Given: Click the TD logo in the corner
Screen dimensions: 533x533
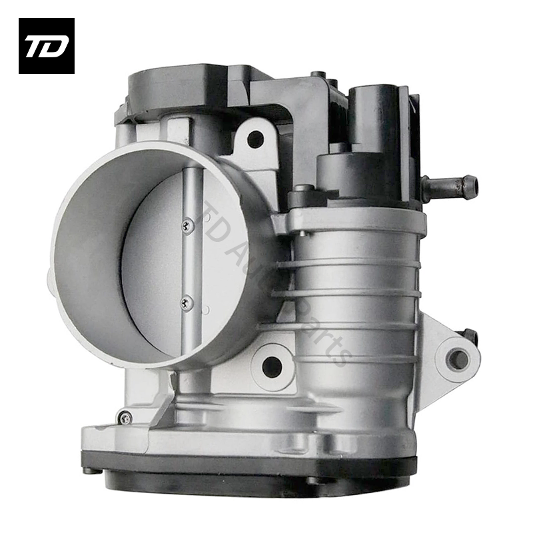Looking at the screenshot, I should pyautogui.click(x=46, y=45).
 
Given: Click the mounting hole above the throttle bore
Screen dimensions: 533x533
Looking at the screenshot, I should pyautogui.click(x=255, y=139).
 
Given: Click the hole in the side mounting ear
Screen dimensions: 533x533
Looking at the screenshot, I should pyautogui.click(x=458, y=360).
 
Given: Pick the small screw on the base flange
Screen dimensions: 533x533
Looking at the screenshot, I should pyautogui.click(x=124, y=418).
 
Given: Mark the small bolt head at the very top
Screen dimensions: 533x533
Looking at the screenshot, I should pyautogui.click(x=321, y=75).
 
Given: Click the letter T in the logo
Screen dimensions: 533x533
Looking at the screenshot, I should pyautogui.click(x=37, y=47).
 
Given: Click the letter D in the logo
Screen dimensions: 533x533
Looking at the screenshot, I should pyautogui.click(x=56, y=47).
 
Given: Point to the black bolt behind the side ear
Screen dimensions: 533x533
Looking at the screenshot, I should pyautogui.click(x=470, y=335).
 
